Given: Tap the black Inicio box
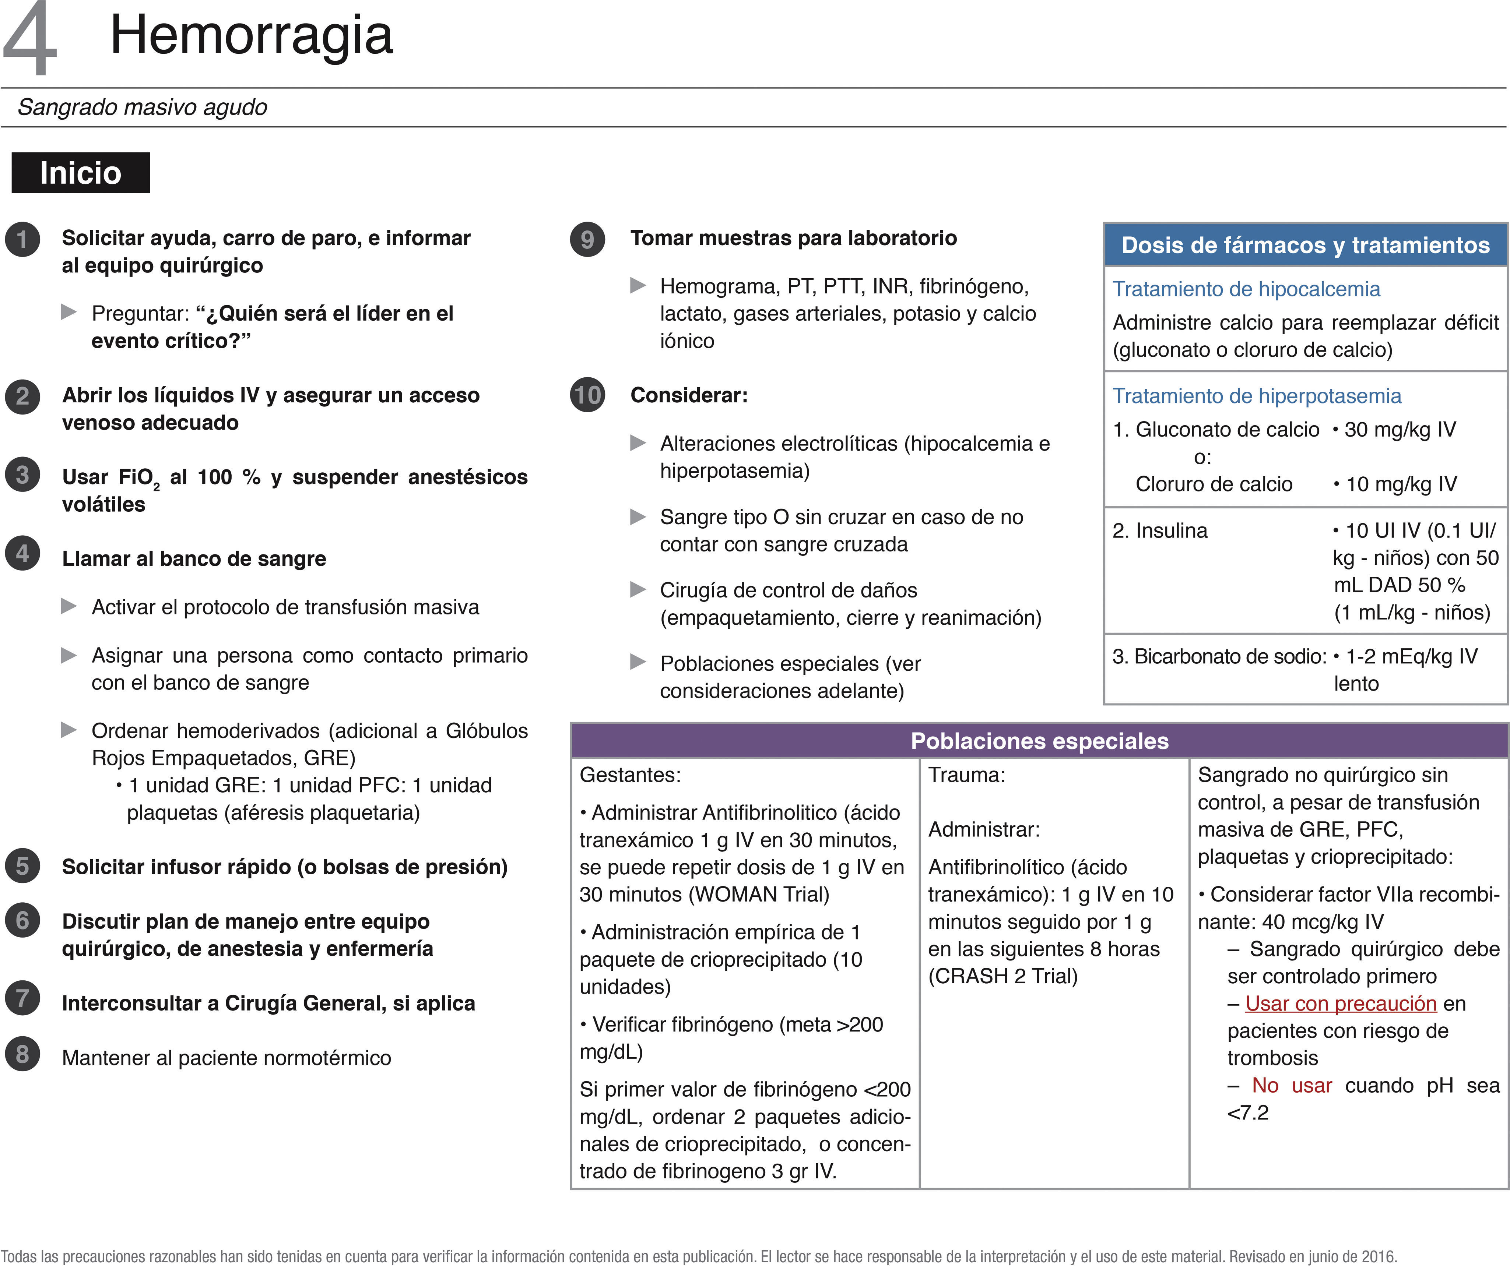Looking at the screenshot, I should click(81, 173).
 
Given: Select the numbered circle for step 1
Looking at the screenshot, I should click(22, 239).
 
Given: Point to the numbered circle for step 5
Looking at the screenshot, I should click(22, 866).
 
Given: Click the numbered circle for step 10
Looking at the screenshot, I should click(587, 395).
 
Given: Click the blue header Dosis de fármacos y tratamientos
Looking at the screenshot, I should click(1305, 245).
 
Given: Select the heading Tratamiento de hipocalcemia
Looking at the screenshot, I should click(1246, 289).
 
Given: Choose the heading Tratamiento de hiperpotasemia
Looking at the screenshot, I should click(1257, 396).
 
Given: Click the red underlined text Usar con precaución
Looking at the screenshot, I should click(1340, 1004).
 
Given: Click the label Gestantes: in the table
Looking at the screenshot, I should click(630, 775).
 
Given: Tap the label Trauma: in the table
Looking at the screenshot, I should click(966, 775).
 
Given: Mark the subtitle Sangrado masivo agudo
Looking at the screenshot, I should click(143, 107).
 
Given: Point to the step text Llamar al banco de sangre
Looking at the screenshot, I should click(194, 558).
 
